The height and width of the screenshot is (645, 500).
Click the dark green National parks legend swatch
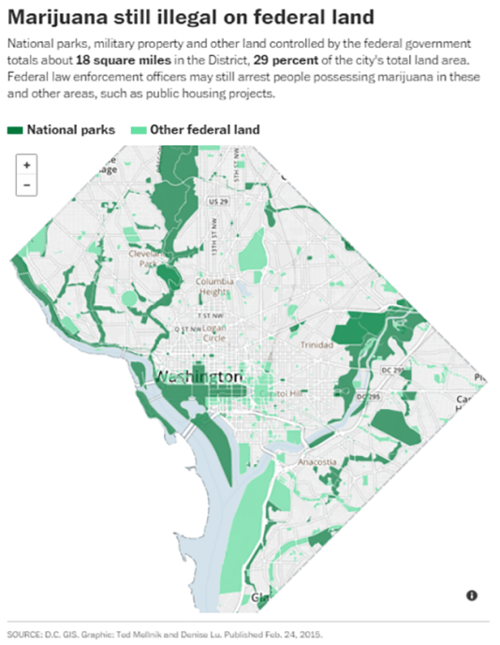(x=16, y=130)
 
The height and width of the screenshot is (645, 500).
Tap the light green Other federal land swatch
(x=137, y=130)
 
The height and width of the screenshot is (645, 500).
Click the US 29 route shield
(x=218, y=202)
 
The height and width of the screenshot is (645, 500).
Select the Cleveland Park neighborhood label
(x=146, y=258)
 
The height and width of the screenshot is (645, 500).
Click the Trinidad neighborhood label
(x=316, y=344)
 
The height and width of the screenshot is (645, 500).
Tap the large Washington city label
(x=198, y=376)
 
